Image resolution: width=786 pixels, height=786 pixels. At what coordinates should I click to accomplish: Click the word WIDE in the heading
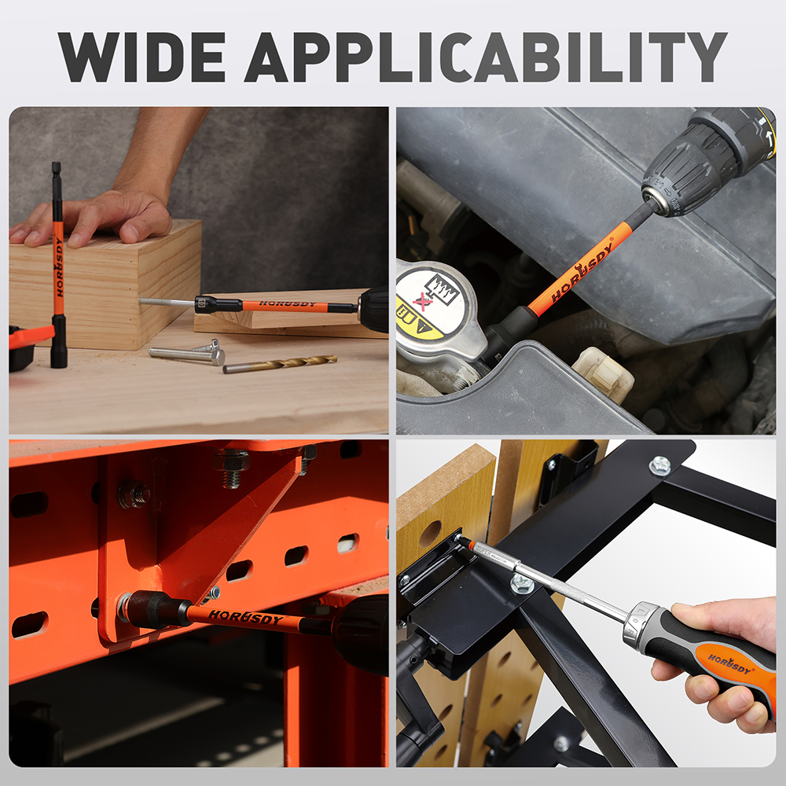pyautogui.click(x=141, y=57)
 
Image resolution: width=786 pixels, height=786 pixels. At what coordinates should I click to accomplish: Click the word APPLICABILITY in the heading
pyautogui.click(x=486, y=57)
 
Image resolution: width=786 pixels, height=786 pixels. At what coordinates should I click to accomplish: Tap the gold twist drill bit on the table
pyautogui.click(x=280, y=363)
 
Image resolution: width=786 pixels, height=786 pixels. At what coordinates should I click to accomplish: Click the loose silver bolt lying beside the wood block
pyautogui.click(x=187, y=354)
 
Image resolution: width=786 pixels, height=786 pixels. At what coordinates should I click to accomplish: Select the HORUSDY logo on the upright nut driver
pyautogui.click(x=59, y=266)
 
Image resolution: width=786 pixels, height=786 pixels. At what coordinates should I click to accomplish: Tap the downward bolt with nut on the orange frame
pyautogui.click(x=231, y=468)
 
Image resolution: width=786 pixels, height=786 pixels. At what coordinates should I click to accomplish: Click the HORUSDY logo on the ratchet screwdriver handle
pyautogui.click(x=730, y=663)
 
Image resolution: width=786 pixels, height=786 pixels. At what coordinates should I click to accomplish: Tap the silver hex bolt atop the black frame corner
pyautogui.click(x=660, y=465)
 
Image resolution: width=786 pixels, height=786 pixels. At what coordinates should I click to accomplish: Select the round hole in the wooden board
pyautogui.click(x=430, y=534)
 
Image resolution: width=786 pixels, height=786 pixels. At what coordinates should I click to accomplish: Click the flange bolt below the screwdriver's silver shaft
pyautogui.click(x=522, y=584)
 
